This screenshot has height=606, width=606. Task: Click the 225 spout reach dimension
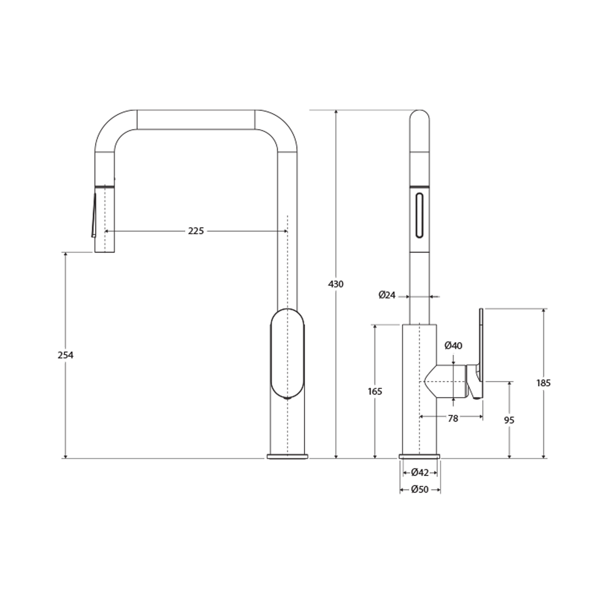(196, 231)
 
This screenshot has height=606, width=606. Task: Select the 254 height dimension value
(65, 355)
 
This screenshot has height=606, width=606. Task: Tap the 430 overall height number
(336, 284)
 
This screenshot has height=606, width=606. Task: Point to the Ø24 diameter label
(387, 295)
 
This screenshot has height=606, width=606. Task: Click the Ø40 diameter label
(453, 345)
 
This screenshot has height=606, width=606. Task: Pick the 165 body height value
(375, 392)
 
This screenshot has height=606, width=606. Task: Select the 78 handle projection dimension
(453, 418)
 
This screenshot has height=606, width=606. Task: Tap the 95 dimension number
(509, 420)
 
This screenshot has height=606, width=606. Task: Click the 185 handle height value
(543, 383)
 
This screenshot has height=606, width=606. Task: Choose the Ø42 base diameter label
(420, 472)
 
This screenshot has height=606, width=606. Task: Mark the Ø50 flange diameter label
(420, 489)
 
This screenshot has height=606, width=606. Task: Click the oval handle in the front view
(287, 354)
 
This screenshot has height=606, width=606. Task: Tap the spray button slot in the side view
(419, 216)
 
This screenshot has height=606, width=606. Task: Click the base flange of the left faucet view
(287, 456)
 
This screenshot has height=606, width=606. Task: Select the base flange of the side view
(420, 456)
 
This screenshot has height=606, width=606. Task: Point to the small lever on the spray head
(94, 215)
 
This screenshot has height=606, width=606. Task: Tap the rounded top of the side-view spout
(419, 114)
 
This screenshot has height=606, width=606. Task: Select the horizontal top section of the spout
(196, 119)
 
